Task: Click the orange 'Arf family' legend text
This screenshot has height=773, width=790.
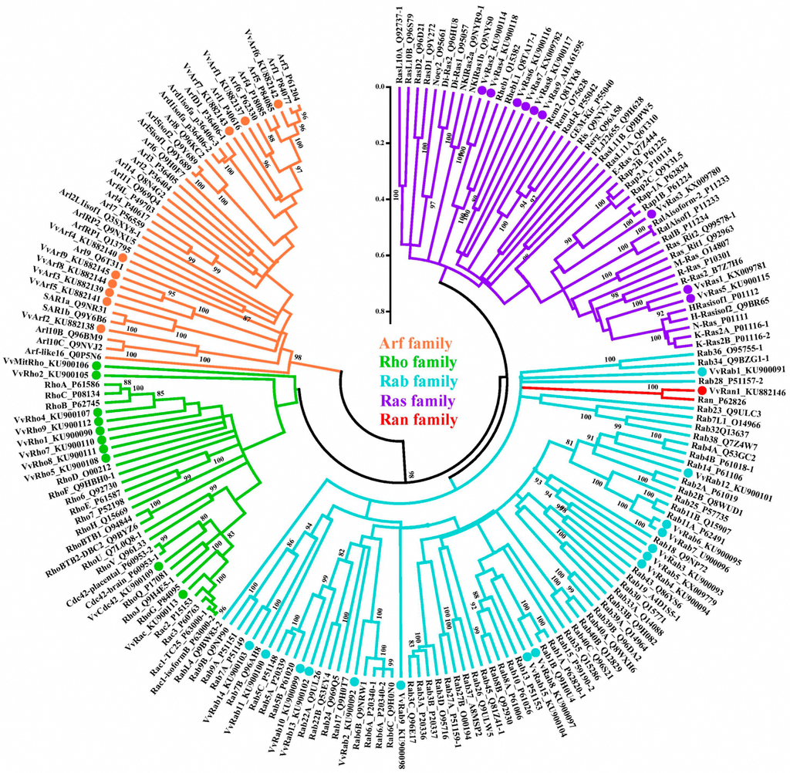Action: click(415, 343)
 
